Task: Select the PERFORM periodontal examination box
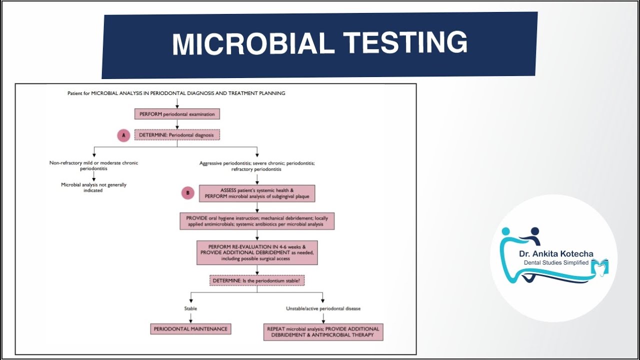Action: click(x=177, y=114)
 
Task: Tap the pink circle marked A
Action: click(x=123, y=135)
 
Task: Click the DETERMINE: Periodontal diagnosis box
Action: click(x=177, y=135)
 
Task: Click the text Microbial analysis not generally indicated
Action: click(x=93, y=187)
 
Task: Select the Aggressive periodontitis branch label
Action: click(x=257, y=166)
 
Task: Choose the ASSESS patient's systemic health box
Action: click(x=257, y=193)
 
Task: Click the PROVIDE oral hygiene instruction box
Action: click(x=257, y=221)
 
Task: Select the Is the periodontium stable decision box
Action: click(x=257, y=281)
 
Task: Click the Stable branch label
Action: click(x=190, y=308)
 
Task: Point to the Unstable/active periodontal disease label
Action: click(x=323, y=308)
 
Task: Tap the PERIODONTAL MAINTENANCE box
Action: click(x=190, y=329)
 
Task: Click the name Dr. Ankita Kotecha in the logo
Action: click(x=555, y=254)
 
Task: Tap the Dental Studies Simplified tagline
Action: click(x=556, y=263)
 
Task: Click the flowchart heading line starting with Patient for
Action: click(x=176, y=93)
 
